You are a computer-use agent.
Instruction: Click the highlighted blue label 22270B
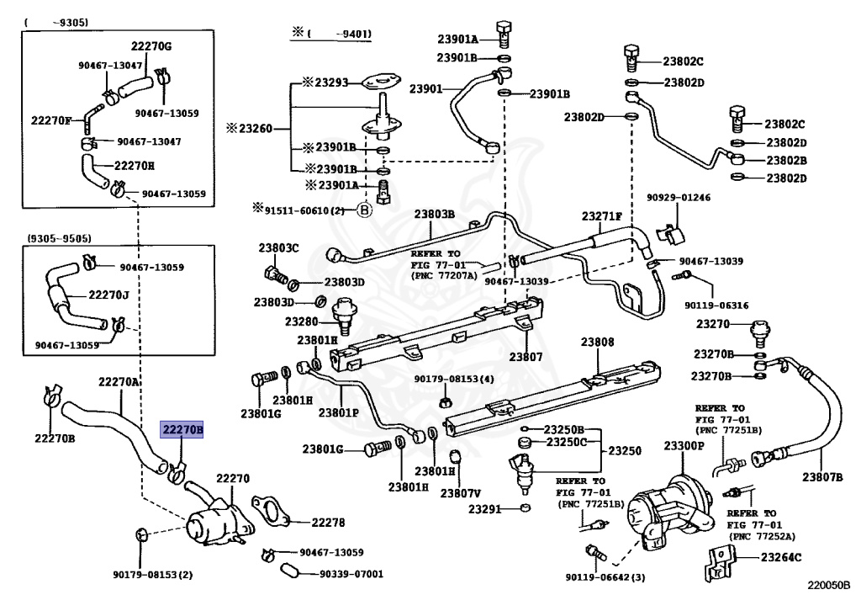point(182,431)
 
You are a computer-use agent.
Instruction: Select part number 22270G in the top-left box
point(151,45)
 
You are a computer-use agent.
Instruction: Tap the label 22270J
point(108,295)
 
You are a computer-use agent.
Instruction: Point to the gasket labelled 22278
point(272,513)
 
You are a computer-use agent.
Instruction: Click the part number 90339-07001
point(351,574)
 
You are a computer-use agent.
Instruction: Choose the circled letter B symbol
point(364,210)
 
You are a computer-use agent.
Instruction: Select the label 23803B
point(434,215)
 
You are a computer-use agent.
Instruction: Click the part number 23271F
point(601,215)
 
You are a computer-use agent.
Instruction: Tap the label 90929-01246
point(679,199)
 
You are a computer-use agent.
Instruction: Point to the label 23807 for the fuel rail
point(526,357)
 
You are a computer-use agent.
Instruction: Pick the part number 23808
point(597,343)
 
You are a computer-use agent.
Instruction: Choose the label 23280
point(301,321)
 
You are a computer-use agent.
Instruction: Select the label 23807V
point(460,492)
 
